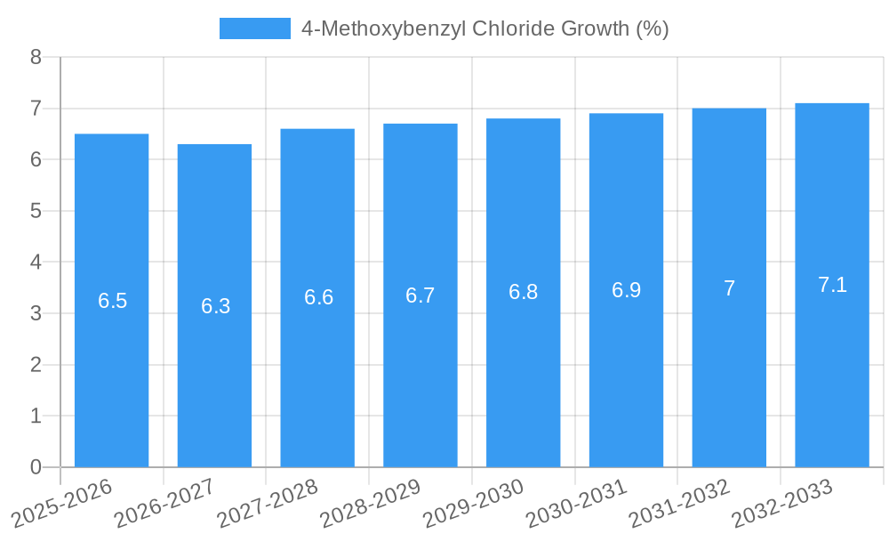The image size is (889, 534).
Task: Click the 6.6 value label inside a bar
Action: coord(318,297)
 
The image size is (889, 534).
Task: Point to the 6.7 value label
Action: coord(420,295)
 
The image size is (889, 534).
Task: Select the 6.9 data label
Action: coord(626,290)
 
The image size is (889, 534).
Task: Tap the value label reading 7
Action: coord(729,288)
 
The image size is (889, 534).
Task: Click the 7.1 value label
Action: coord(832,285)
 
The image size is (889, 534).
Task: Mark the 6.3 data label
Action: coord(215,306)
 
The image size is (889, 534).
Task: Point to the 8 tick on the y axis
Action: coord(36,57)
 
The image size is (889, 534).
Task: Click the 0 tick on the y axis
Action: coord(36,467)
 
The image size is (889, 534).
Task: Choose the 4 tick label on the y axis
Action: coord(36,263)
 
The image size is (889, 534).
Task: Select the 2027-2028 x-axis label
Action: coord(267,502)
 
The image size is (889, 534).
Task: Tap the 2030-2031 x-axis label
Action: coord(576,502)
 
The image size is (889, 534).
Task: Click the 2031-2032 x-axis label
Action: coord(679,502)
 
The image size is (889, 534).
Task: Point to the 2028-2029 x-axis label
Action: coord(370,502)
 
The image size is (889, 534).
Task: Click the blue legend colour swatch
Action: coord(254,28)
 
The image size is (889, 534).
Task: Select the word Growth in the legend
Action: coord(597,28)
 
